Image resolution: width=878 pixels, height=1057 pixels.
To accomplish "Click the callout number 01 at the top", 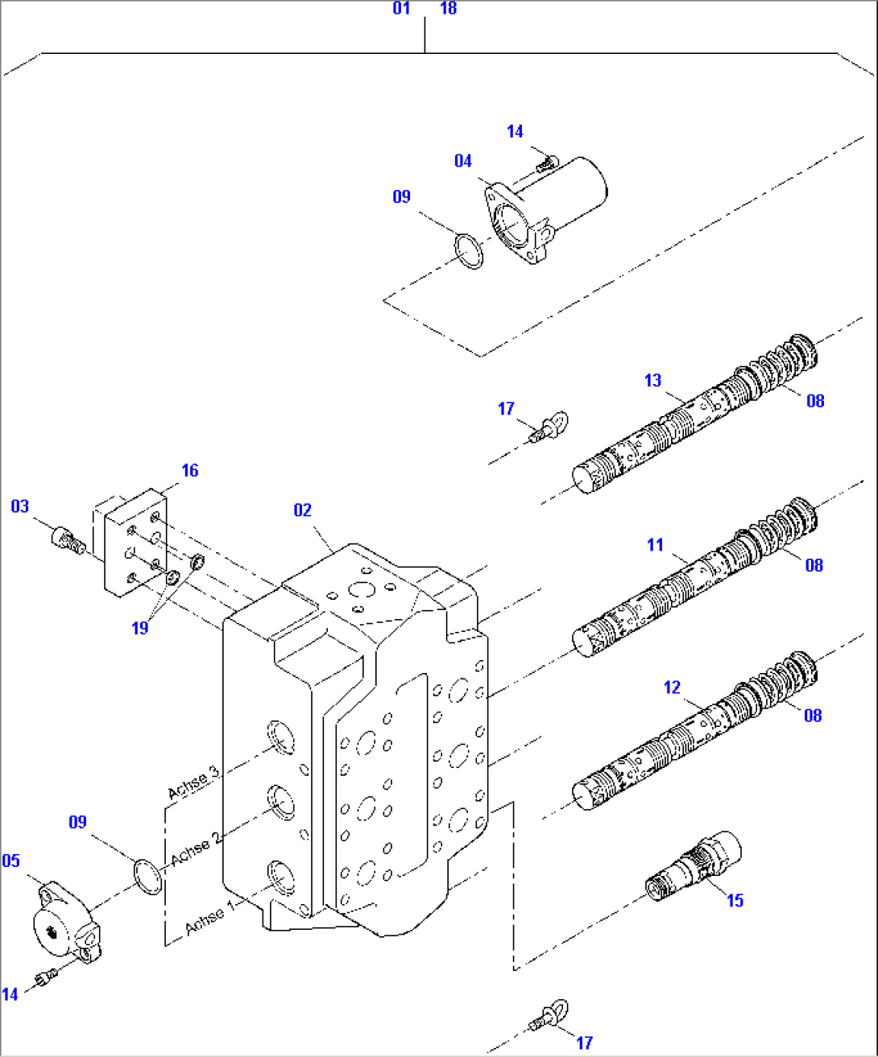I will pyautogui.click(x=401, y=9).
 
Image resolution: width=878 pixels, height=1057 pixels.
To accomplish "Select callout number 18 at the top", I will pyautogui.click(x=449, y=9).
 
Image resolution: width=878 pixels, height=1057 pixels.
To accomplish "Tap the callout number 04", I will pyautogui.click(x=462, y=161).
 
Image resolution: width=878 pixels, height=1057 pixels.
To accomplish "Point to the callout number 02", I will pyautogui.click(x=302, y=510).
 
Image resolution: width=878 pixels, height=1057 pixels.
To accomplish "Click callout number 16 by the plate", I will pyautogui.click(x=189, y=470).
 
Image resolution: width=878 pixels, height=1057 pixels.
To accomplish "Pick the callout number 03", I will pyautogui.click(x=19, y=506).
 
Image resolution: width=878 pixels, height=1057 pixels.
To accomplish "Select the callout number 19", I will pyautogui.click(x=140, y=628).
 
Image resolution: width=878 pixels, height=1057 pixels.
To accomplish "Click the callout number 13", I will pyautogui.click(x=652, y=380).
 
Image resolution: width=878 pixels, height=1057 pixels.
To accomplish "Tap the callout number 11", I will pyautogui.click(x=655, y=545).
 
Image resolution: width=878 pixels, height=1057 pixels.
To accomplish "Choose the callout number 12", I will pyautogui.click(x=672, y=687).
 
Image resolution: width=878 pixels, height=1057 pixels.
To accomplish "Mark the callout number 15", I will pyautogui.click(x=735, y=900).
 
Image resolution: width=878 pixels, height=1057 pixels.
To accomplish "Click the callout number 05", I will pyautogui.click(x=10, y=861).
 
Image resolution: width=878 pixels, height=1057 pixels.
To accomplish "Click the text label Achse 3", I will pyautogui.click(x=193, y=783).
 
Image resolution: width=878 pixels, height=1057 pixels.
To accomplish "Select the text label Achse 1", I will pyautogui.click(x=209, y=917).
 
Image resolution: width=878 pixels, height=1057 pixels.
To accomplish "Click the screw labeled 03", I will pyautogui.click(x=68, y=539).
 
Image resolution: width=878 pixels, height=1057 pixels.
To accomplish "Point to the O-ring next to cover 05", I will pyautogui.click(x=148, y=876).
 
